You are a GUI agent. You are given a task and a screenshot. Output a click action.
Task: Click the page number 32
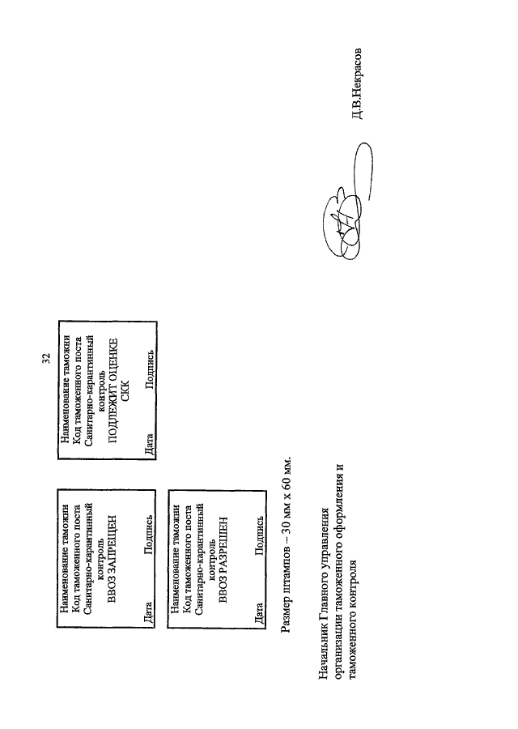point(45,358)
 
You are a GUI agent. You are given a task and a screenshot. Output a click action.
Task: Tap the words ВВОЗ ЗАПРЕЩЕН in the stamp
point(112,558)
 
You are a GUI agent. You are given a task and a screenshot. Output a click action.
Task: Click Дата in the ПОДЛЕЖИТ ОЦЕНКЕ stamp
point(149,444)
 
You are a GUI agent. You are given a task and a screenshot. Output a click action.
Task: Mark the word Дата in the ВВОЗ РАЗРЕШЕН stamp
point(259,613)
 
